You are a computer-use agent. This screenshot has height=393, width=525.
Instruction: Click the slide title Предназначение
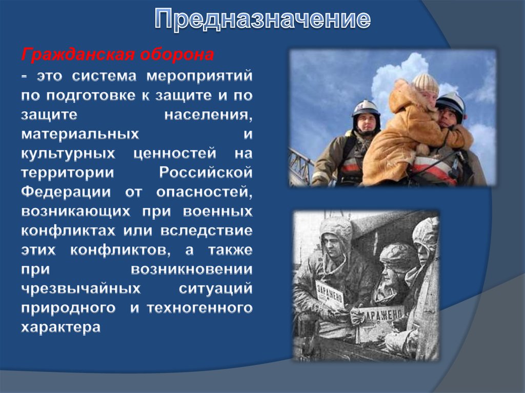(x=262, y=19)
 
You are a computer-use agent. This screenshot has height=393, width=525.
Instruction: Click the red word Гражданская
(x=78, y=55)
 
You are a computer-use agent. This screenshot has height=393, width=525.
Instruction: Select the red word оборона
(x=177, y=55)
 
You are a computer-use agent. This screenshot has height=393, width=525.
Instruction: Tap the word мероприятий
(x=199, y=76)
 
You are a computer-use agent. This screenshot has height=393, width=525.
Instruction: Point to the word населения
(x=208, y=115)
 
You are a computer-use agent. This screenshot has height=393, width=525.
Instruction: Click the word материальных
(x=80, y=134)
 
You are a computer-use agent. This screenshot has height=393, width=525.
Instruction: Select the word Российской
(x=206, y=172)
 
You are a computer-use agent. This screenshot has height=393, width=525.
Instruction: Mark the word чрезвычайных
(x=80, y=288)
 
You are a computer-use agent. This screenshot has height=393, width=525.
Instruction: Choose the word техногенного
(x=200, y=308)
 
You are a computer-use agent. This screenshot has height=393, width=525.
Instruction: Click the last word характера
(x=60, y=327)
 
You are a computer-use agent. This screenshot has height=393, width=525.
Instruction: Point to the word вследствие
(x=206, y=231)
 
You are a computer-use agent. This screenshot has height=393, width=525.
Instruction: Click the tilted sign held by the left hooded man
(x=330, y=295)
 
